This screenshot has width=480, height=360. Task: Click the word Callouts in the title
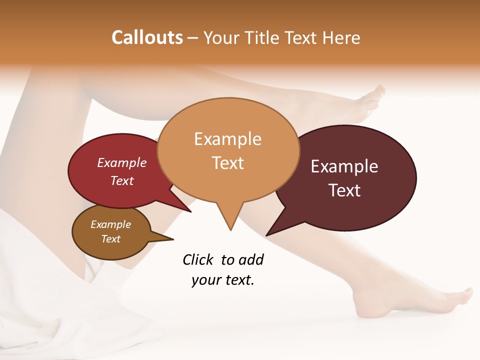coord(147,37)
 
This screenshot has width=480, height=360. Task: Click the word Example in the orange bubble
coord(227,139)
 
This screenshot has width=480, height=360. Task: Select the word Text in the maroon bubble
coord(344,190)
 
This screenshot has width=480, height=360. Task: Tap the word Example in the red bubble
coord(122,163)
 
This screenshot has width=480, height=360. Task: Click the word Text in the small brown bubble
coord(110,239)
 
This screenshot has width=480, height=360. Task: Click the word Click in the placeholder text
coord(197,260)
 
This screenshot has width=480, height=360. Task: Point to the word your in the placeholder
coord(205,280)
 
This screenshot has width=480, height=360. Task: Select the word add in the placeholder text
coord(251,260)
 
